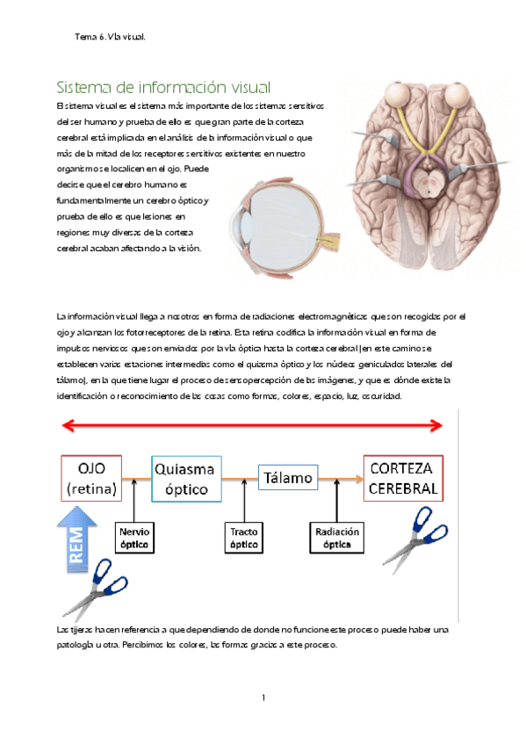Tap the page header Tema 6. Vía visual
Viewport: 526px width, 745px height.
point(110,37)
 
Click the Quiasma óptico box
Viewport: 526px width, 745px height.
point(186,478)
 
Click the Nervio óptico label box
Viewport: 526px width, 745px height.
point(134,538)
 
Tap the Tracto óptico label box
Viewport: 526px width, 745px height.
point(242,538)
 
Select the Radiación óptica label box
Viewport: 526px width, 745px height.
point(337,538)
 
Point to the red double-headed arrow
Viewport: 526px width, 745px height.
point(250,426)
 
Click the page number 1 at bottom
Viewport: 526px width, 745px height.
point(263,698)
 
